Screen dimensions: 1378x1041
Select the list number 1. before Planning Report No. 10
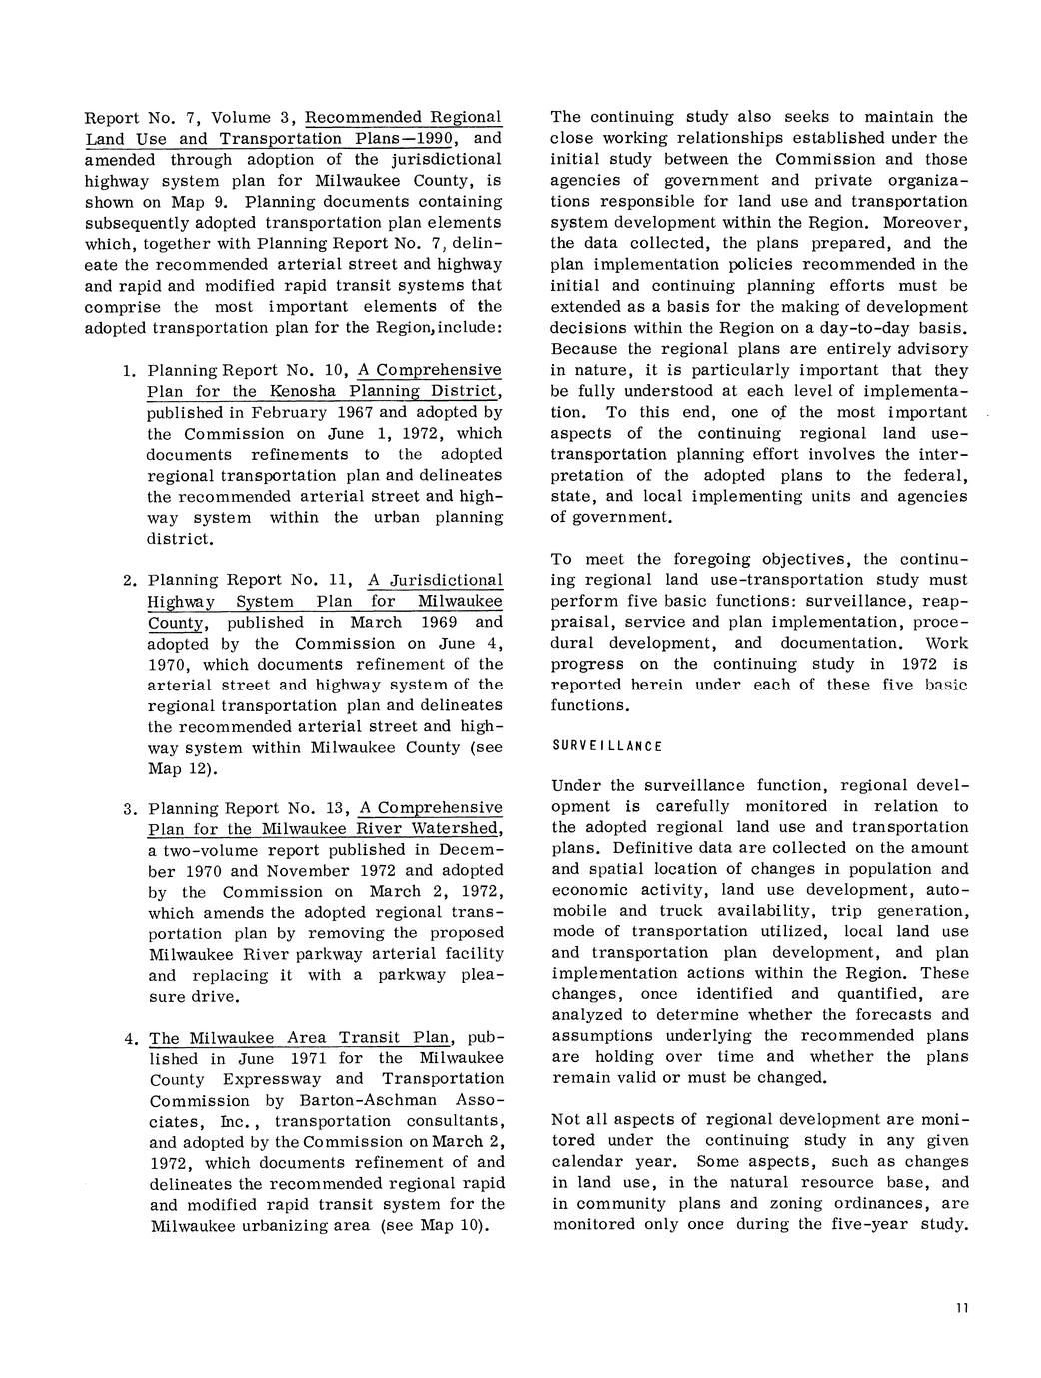tap(129, 371)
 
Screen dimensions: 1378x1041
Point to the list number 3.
tap(129, 808)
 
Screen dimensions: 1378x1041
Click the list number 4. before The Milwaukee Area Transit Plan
tap(130, 1039)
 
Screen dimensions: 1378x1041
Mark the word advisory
tap(932, 349)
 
